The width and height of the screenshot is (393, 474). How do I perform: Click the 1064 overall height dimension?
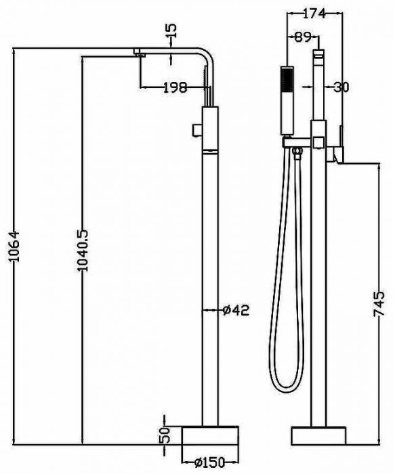(14, 246)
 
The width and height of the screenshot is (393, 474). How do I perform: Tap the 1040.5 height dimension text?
(82, 251)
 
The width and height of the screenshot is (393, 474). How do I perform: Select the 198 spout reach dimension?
(175, 87)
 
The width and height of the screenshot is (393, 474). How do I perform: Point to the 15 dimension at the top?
(171, 30)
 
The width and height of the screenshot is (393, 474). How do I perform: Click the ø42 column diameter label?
(236, 310)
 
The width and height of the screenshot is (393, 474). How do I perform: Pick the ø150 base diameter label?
(210, 462)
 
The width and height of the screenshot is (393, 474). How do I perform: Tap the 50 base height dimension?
(165, 435)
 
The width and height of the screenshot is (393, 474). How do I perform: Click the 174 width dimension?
(314, 14)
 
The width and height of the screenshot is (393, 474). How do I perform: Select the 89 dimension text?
(303, 37)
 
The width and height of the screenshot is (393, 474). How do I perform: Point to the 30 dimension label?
(342, 87)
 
